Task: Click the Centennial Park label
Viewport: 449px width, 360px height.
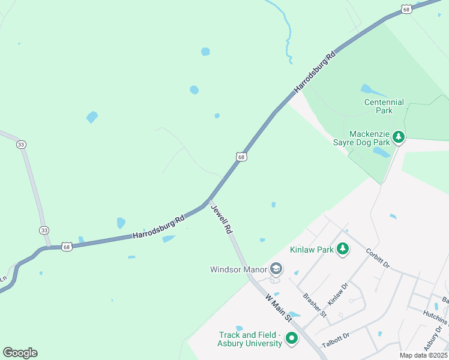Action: (x=384, y=106)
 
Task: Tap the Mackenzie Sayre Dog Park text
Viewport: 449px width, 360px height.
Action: (x=361, y=138)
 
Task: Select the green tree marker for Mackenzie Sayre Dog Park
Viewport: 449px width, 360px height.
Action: (x=398, y=138)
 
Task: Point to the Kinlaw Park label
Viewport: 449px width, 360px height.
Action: (x=310, y=248)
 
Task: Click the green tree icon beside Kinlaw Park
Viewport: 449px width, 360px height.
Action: (x=342, y=248)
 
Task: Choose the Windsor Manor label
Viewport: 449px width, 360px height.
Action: (x=238, y=269)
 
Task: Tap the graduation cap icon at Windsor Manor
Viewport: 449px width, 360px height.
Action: (x=276, y=268)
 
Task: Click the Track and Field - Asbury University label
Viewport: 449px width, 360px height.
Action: (x=250, y=339)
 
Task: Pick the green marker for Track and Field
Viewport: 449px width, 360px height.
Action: (x=291, y=339)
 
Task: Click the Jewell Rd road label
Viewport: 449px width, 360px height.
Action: (x=221, y=219)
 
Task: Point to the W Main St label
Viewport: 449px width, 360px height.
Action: (x=278, y=307)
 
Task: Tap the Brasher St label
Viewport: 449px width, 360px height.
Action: (x=315, y=305)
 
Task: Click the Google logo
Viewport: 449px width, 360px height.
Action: (x=20, y=352)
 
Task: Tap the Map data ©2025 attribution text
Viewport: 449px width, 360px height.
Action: (x=423, y=355)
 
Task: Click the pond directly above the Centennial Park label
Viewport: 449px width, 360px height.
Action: (x=373, y=91)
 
